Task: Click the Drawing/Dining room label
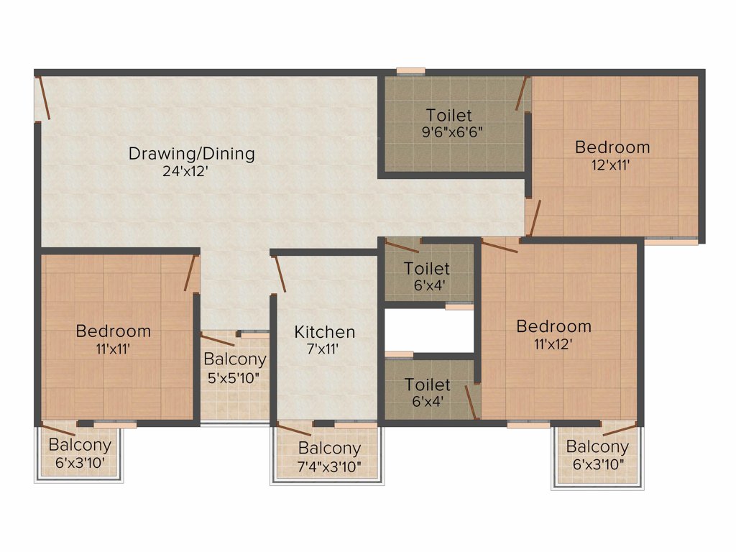click(x=191, y=153)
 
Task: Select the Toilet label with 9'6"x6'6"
click(x=449, y=115)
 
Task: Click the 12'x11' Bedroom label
click(x=612, y=147)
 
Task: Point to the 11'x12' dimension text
click(x=553, y=344)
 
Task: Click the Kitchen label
click(x=325, y=332)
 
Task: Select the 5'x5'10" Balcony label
click(x=235, y=359)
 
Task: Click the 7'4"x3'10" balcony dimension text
click(x=329, y=466)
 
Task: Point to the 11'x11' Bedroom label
click(x=114, y=331)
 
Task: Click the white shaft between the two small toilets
click(x=429, y=331)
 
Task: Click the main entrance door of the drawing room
click(x=44, y=98)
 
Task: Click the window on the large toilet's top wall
click(x=410, y=70)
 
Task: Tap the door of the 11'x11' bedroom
click(x=191, y=273)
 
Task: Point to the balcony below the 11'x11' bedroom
click(x=79, y=453)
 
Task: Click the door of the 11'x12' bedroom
click(x=500, y=247)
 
